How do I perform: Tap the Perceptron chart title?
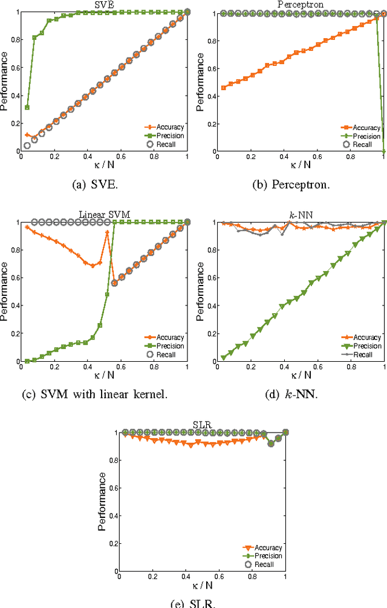pyautogui.click(x=301, y=4)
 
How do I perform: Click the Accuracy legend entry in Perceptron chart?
pyautogui.click(x=366, y=128)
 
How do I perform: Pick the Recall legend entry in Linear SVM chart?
pyautogui.click(x=167, y=355)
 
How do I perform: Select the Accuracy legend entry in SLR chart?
pyautogui.click(x=268, y=548)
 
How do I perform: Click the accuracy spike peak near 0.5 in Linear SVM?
pyautogui.click(x=108, y=232)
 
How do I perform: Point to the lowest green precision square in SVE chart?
pyautogui.click(x=27, y=107)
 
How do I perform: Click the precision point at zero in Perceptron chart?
pyautogui.click(x=385, y=151)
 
